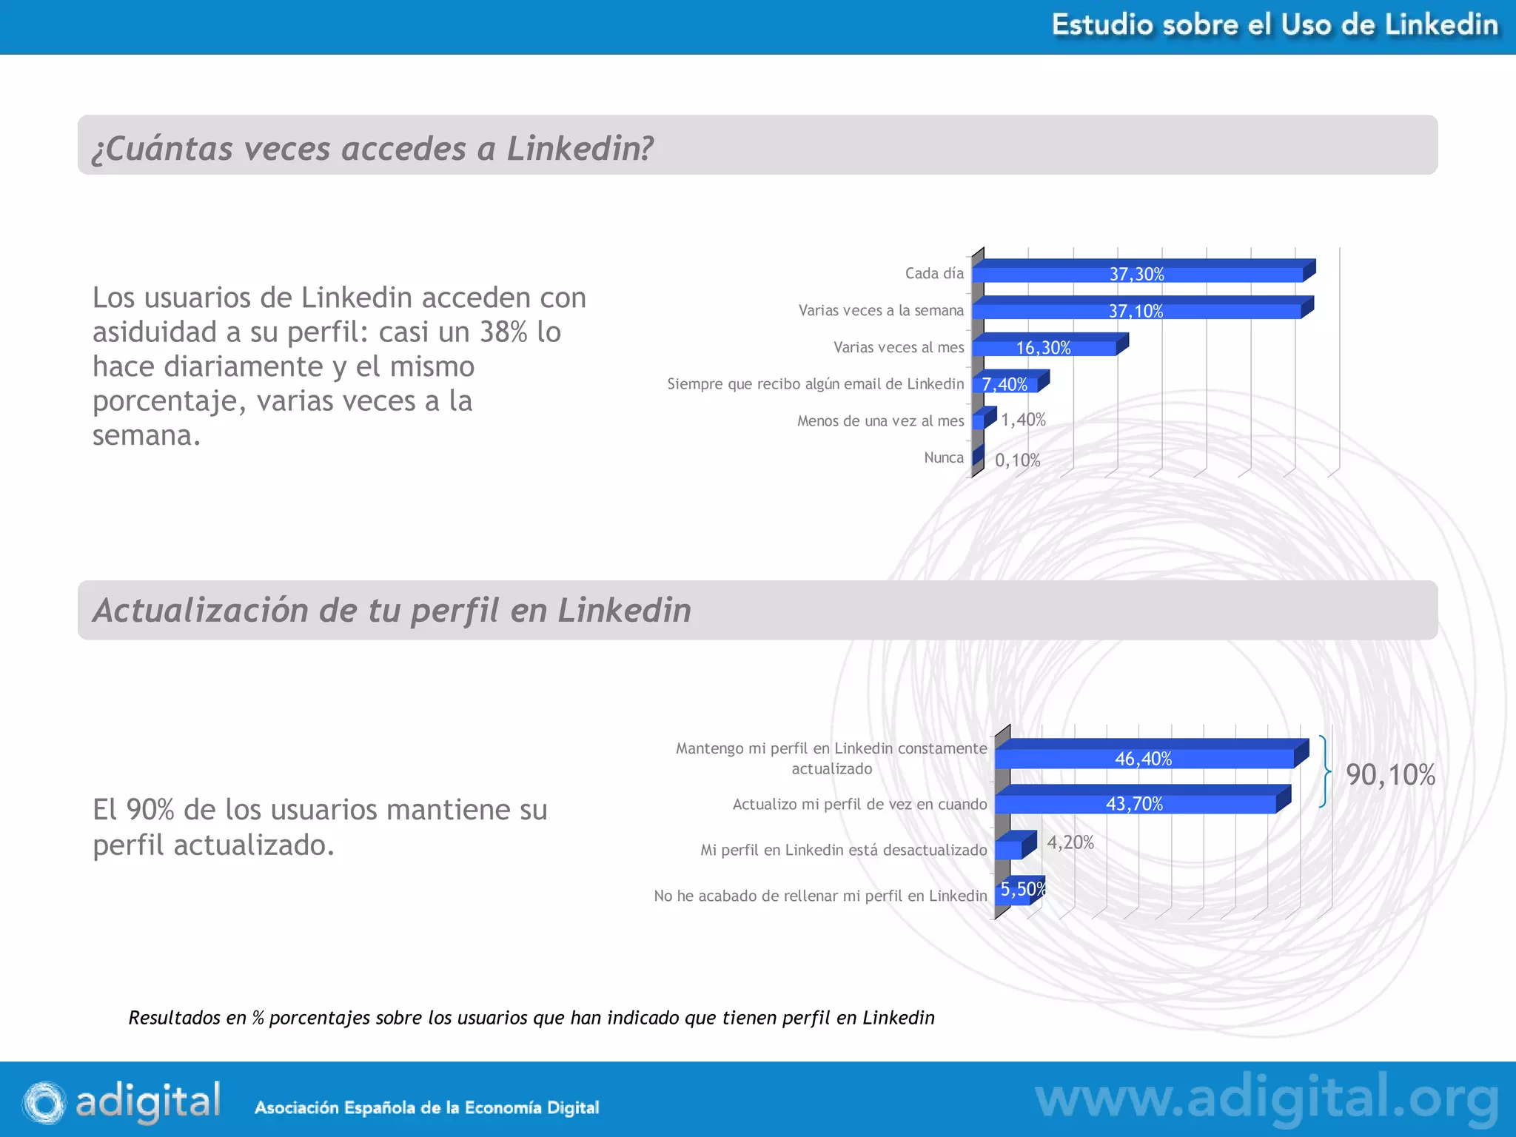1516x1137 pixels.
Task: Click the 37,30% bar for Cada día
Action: (x=1137, y=274)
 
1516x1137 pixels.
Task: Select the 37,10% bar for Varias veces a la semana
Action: (x=1136, y=311)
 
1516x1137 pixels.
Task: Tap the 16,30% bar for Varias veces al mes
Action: (x=1044, y=348)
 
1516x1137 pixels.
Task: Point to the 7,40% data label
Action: (x=1004, y=384)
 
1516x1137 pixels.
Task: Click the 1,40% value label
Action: (x=1023, y=420)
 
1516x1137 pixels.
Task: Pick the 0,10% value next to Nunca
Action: (x=1017, y=460)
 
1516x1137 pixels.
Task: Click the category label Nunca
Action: (x=943, y=457)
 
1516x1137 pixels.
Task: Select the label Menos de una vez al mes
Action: (x=880, y=421)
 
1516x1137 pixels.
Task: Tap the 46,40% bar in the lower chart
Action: (x=1144, y=759)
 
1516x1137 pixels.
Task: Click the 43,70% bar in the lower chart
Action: (x=1134, y=804)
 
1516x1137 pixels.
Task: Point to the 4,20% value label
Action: (x=1070, y=842)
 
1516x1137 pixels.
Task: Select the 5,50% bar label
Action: (x=1022, y=889)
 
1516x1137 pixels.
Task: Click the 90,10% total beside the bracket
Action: (x=1390, y=775)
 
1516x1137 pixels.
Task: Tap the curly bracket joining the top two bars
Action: (x=1324, y=771)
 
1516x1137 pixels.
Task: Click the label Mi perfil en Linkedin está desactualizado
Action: (x=843, y=850)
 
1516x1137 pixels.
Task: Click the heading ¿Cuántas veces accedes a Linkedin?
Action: (x=372, y=148)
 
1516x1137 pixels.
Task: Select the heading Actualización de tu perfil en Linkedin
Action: (x=392, y=611)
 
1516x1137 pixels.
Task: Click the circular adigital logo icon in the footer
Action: (x=44, y=1102)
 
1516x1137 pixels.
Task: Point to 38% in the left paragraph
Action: (x=503, y=332)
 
